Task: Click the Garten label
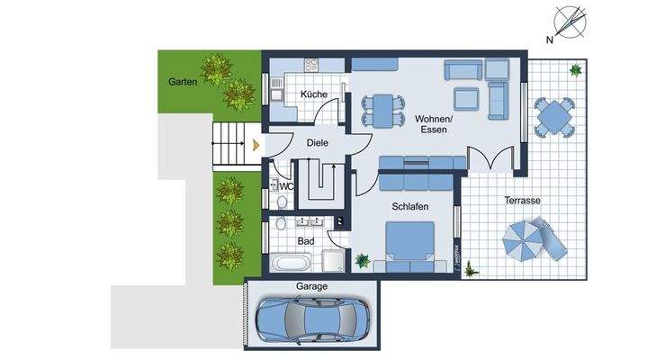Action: coord(183,82)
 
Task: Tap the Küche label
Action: coord(314,94)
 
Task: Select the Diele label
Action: coord(317,142)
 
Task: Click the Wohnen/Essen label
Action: coord(434,124)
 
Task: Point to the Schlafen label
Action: coord(409,206)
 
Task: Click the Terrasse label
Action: coord(522,201)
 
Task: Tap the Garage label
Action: coord(312,287)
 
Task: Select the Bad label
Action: coord(305,240)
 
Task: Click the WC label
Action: coord(286,186)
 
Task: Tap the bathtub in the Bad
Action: coord(292,264)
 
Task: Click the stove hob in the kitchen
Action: coord(312,65)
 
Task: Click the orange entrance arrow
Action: coord(256,143)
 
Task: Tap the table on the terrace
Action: coord(553,116)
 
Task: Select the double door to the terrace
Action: coord(491,157)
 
